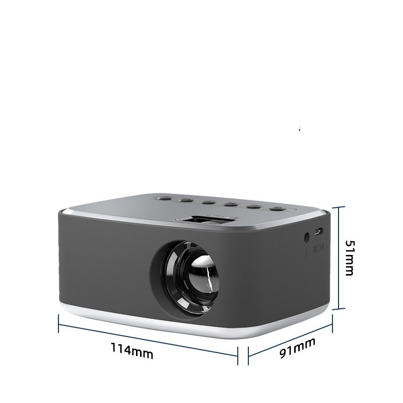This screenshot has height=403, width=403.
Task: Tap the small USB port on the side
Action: [x=318, y=232]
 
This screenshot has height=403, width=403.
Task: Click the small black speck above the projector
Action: [x=300, y=130]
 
